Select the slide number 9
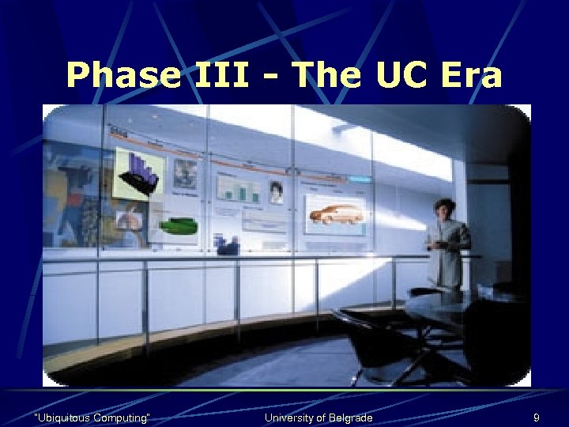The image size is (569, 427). (537, 417)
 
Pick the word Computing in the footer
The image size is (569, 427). (124, 417)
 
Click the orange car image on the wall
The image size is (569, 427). (336, 213)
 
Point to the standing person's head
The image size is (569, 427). (444, 208)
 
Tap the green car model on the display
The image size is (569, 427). (179, 225)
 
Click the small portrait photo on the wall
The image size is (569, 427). (276, 192)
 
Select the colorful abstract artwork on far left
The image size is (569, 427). (73, 194)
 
